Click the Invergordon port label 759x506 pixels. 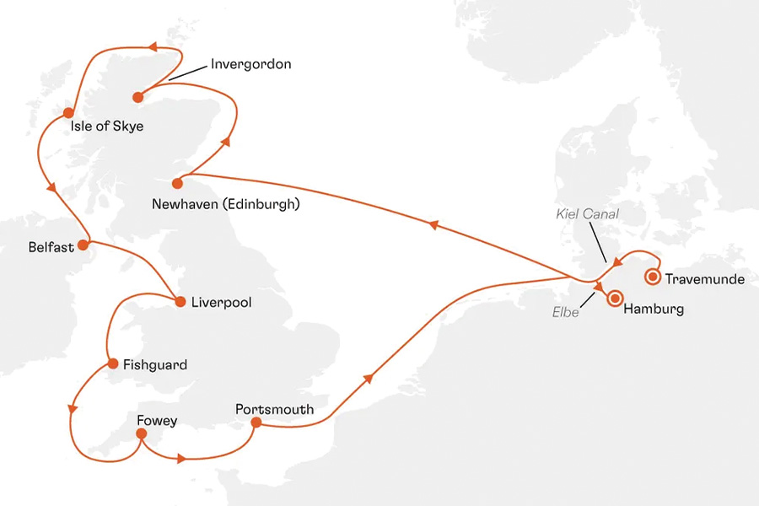coord(251,64)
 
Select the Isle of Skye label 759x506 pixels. coord(107,127)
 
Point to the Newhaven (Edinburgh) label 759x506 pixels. coord(226,204)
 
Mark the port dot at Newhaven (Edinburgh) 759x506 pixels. coord(177,183)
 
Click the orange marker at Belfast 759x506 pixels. coord(83,245)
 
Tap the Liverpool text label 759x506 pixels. coord(222,302)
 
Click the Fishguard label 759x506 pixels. coord(155,365)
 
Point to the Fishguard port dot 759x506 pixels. coord(112,364)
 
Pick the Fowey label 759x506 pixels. coord(157,421)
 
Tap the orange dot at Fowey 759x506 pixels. coord(141,434)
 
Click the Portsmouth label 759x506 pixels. coord(274,410)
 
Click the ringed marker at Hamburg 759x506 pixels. coord(615,297)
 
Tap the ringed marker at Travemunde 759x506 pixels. coord(652,277)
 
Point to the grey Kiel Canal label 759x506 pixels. coord(587,214)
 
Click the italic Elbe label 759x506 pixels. coord(567,314)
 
